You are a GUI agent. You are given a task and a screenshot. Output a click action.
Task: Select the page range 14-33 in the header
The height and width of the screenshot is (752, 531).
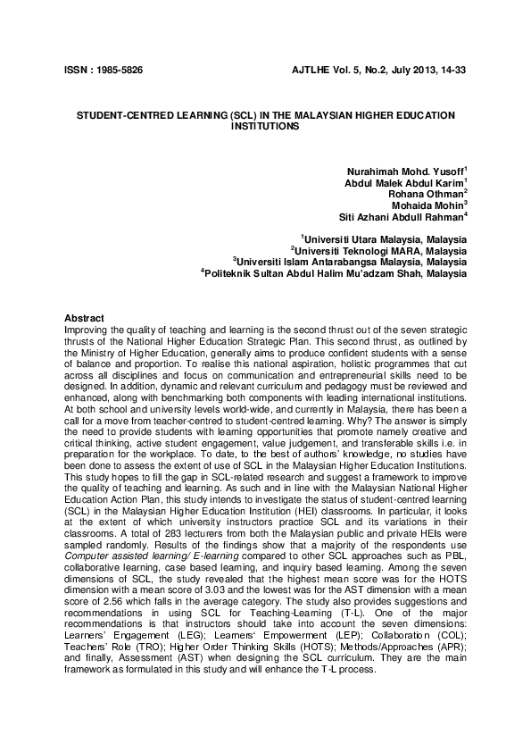[451, 70]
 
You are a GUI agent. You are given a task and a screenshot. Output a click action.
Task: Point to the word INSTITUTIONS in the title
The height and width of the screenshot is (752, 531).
[265, 128]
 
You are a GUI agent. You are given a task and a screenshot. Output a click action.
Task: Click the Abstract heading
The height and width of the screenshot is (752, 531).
[85, 319]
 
